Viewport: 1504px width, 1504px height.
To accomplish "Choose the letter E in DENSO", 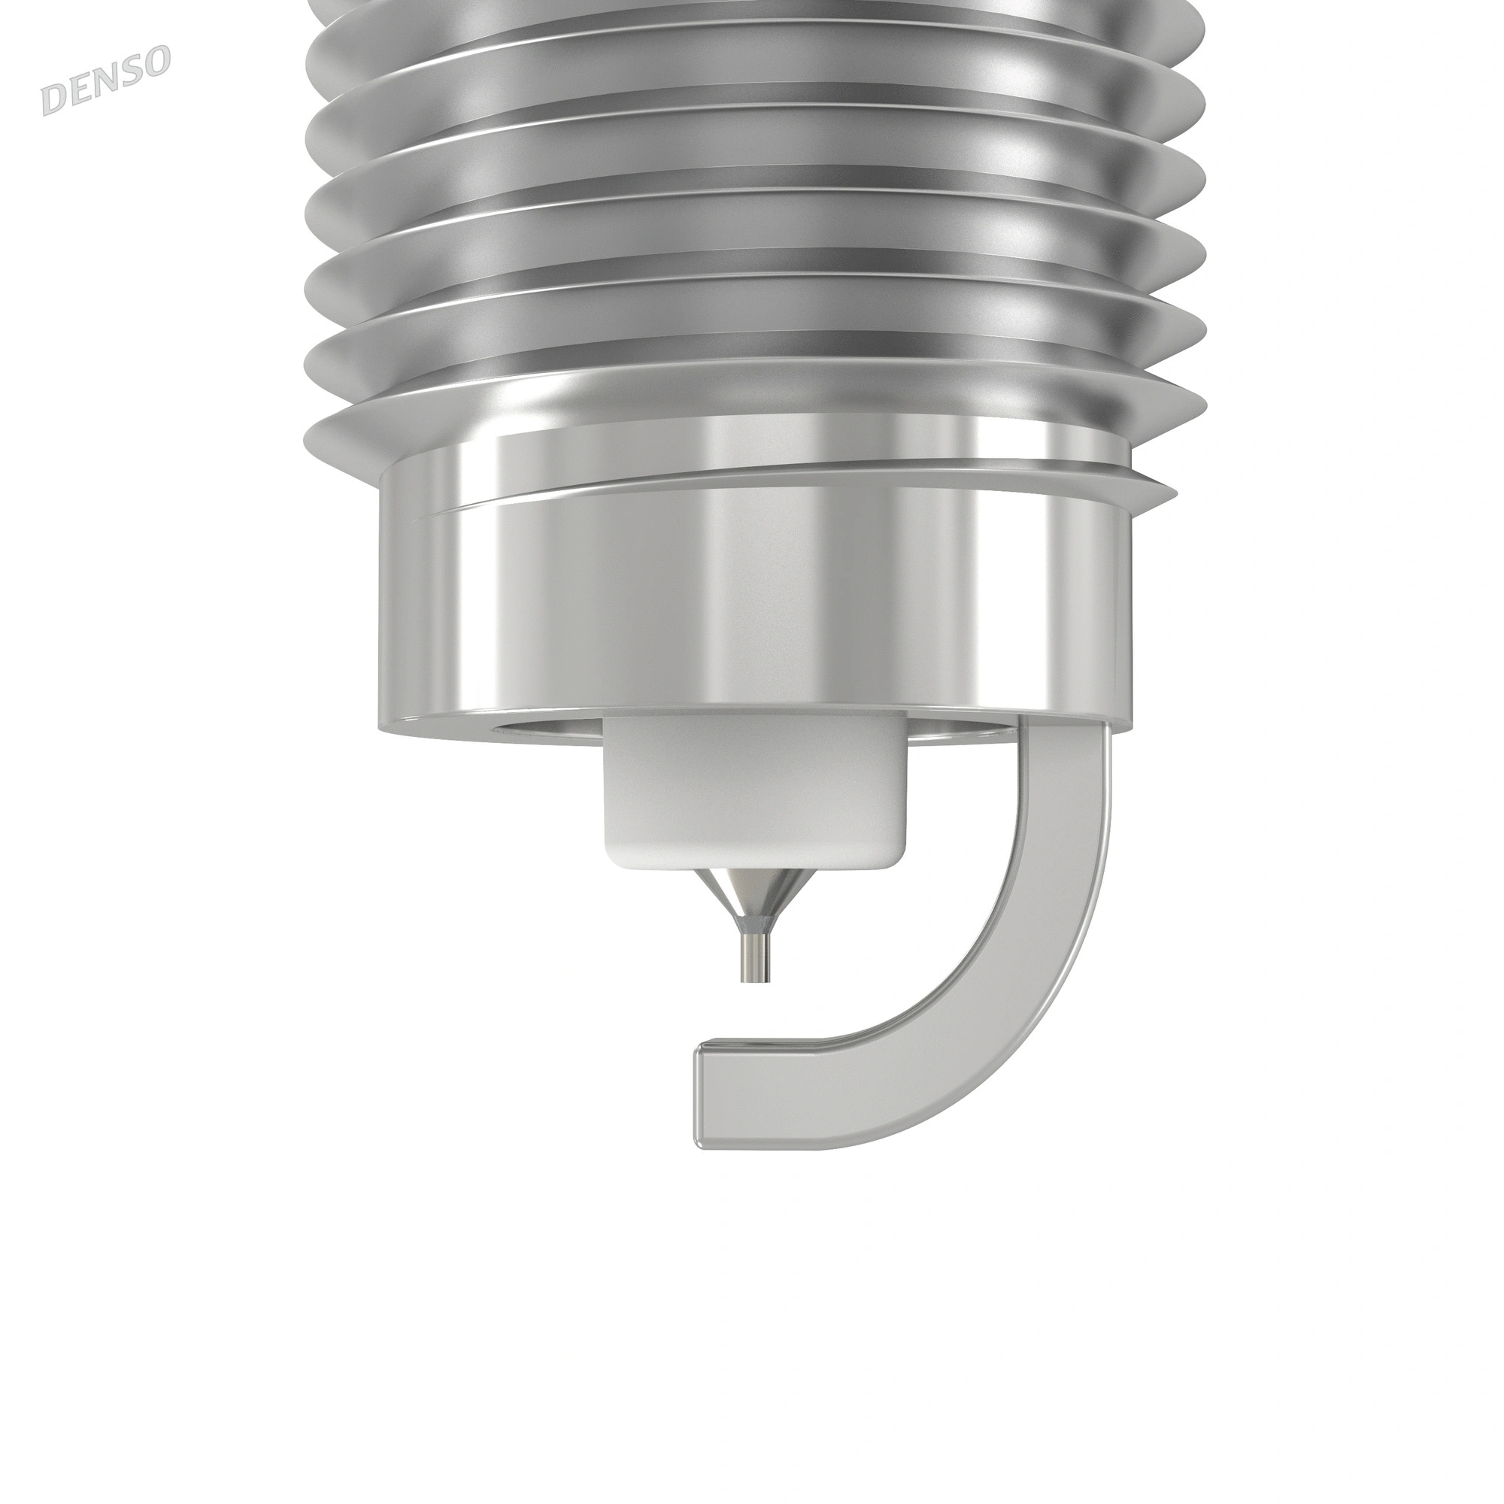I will (79, 92).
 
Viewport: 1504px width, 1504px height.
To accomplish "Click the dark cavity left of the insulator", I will (545, 730).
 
